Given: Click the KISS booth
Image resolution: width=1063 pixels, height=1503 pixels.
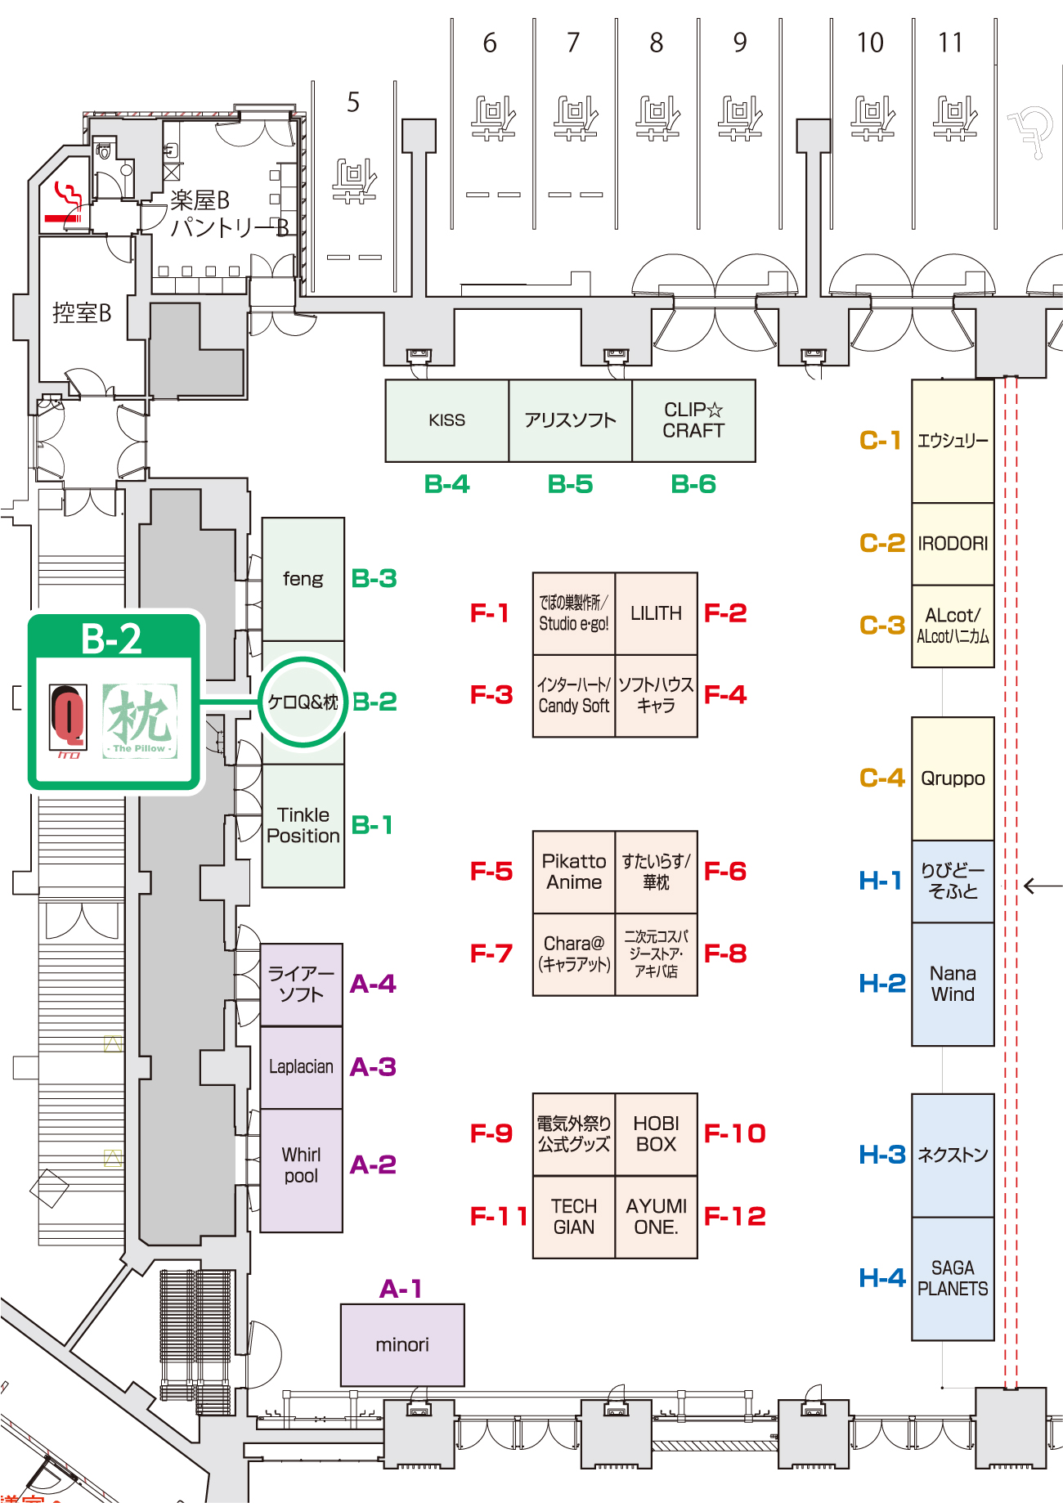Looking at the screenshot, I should coord(446,420).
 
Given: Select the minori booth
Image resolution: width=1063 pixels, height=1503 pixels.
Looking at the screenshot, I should coord(402,1344).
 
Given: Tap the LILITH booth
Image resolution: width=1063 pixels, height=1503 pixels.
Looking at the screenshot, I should coord(656,613).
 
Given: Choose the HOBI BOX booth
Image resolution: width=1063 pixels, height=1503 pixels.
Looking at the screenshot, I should coord(656,1134).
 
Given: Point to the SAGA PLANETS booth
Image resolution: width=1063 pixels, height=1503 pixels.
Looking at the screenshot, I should coord(953,1278).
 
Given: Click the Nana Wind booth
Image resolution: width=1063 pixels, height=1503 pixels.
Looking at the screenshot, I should coord(953,984).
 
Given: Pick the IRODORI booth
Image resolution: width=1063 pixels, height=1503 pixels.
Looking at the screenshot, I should coord(953,544).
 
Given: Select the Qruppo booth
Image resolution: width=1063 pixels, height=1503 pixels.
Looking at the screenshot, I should coord(953,778).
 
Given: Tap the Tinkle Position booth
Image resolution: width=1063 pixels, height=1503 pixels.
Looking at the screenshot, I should coord(303,825).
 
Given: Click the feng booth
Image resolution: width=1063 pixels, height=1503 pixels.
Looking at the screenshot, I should coord(303,579).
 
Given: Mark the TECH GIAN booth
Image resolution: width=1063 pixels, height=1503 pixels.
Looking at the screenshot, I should coord(574,1217).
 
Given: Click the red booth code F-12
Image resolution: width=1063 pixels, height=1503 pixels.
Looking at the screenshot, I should coord(734,1216).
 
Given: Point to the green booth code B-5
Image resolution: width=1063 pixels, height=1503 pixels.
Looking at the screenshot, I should coord(570,484).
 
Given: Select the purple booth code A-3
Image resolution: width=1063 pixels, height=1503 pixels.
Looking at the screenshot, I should coord(373,1067).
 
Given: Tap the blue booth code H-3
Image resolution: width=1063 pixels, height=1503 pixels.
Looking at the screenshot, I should coord(882,1155).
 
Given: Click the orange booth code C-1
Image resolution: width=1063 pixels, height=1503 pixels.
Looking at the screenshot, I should coord(880,441).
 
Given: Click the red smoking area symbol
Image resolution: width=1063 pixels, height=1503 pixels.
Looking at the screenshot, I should coord(65,203).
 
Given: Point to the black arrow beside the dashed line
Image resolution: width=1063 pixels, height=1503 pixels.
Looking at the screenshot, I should coord(1042,886).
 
